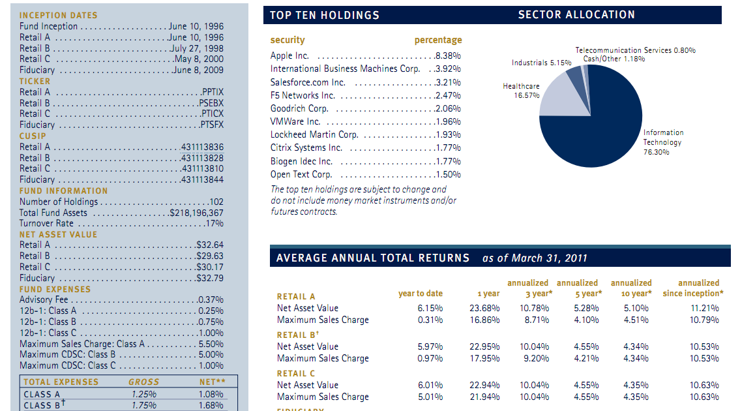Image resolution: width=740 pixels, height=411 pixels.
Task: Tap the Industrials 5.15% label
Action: (541, 63)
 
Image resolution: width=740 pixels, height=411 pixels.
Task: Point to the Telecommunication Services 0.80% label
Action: (635, 50)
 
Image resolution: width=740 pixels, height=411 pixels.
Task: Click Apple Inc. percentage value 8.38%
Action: (448, 55)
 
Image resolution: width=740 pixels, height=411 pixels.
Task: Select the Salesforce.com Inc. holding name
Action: (308, 82)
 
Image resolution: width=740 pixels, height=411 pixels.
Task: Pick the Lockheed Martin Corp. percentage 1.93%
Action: (448, 134)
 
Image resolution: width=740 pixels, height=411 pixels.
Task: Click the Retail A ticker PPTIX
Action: (213, 92)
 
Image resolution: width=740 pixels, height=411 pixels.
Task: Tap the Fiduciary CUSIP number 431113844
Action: (203, 180)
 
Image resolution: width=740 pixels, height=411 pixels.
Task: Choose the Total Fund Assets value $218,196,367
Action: (196, 213)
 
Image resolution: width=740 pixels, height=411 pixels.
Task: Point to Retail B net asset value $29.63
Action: (209, 256)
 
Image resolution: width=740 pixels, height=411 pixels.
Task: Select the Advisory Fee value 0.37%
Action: (211, 300)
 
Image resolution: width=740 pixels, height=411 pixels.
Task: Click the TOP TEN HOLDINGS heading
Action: (325, 15)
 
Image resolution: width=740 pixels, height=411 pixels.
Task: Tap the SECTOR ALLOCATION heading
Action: (577, 14)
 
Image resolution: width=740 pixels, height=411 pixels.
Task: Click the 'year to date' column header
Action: (421, 294)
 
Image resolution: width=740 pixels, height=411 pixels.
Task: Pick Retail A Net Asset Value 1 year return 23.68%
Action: (484, 309)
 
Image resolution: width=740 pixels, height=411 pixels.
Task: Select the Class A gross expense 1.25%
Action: (144, 395)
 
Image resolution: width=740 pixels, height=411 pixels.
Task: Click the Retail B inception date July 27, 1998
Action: (197, 48)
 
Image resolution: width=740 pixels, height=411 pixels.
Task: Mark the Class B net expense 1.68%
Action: (211, 405)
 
